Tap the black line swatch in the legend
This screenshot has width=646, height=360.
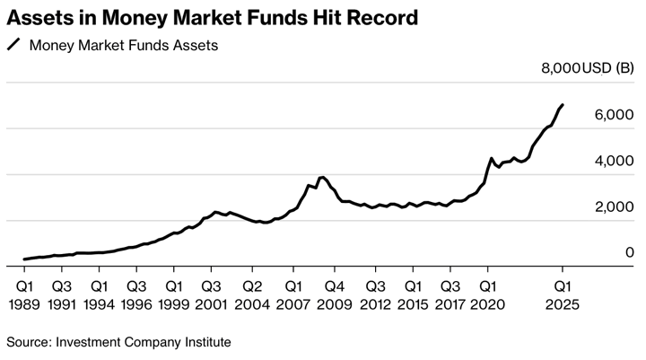(13, 44)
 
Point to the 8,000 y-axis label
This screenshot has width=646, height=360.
(558, 68)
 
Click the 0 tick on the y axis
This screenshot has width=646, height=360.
(630, 253)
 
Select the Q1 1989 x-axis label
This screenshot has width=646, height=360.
(24, 295)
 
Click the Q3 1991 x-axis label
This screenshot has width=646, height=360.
(61, 295)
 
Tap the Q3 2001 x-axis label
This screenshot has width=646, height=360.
(212, 295)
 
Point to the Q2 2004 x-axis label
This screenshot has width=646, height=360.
(252, 295)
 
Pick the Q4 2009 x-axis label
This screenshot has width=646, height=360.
(335, 295)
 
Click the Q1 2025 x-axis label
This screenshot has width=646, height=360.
(563, 295)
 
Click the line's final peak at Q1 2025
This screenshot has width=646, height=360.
(563, 105)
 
